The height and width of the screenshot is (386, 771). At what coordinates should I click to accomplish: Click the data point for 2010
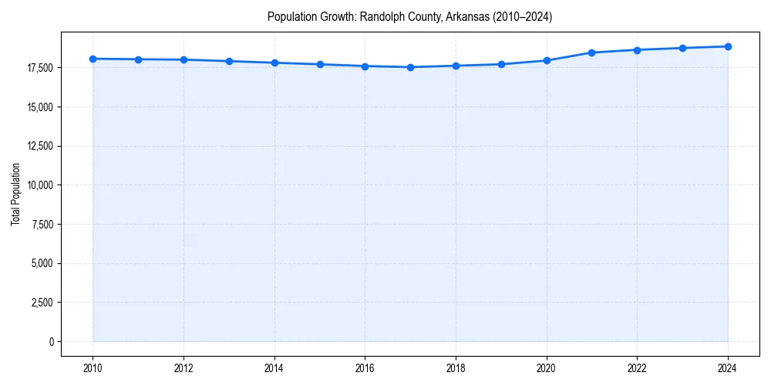(x=93, y=59)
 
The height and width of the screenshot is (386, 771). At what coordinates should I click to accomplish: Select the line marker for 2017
(x=410, y=67)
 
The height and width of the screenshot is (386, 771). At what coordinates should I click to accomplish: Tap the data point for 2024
(x=728, y=46)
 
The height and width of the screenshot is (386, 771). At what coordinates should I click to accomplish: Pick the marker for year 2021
(x=591, y=52)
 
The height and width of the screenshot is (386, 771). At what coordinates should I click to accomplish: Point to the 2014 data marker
(x=274, y=63)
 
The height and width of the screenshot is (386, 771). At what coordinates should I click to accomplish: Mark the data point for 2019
(x=501, y=64)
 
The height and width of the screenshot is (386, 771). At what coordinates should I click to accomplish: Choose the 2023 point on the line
(x=682, y=48)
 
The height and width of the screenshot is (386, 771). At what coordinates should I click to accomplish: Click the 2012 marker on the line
(x=183, y=59)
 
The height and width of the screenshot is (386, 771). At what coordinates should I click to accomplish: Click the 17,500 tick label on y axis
(x=39, y=68)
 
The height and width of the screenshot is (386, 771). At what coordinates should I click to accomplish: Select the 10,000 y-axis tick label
(x=39, y=185)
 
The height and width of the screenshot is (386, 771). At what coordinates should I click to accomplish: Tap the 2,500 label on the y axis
(x=42, y=303)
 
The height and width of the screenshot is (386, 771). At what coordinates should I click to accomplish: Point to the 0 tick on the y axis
(x=50, y=342)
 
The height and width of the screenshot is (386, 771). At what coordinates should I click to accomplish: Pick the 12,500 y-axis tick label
(x=39, y=146)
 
